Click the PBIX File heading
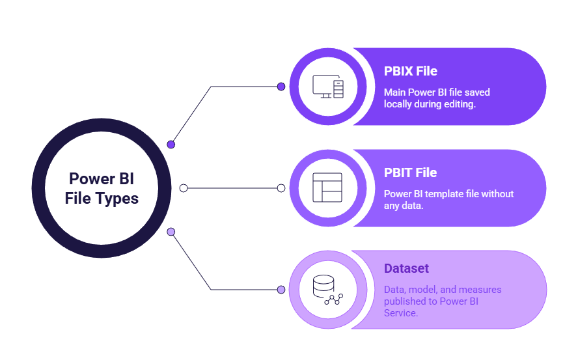coord(410,71)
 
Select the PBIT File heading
coord(410,173)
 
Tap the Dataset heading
coord(406,268)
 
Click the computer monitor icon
coord(327,87)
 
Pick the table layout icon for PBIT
coord(327,187)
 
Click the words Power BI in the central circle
coord(102,179)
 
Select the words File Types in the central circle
coord(102,198)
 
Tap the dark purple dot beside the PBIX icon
coord(281,86)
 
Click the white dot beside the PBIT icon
coord(281,188)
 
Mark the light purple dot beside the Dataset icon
coord(281,290)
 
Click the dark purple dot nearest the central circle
coord(171,144)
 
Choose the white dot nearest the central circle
coord(184,188)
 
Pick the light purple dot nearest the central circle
coord(171,231)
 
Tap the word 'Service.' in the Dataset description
coord(401,313)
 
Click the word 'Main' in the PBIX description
coord(394,92)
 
